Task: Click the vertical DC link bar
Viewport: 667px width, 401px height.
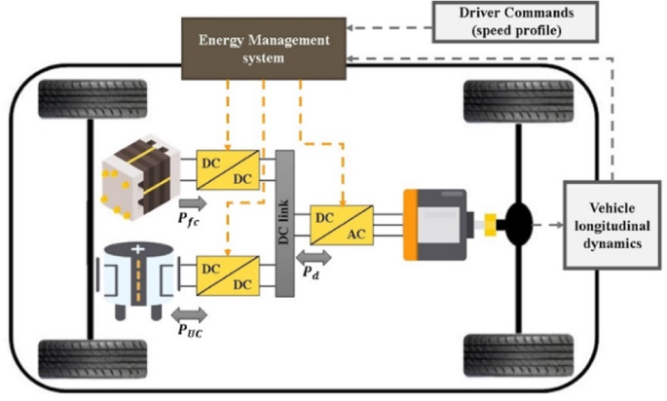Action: (x=285, y=223)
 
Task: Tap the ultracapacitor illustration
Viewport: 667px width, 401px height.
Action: (x=142, y=278)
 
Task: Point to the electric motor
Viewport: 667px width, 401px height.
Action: (x=438, y=225)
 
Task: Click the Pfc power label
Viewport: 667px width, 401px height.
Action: (x=190, y=222)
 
